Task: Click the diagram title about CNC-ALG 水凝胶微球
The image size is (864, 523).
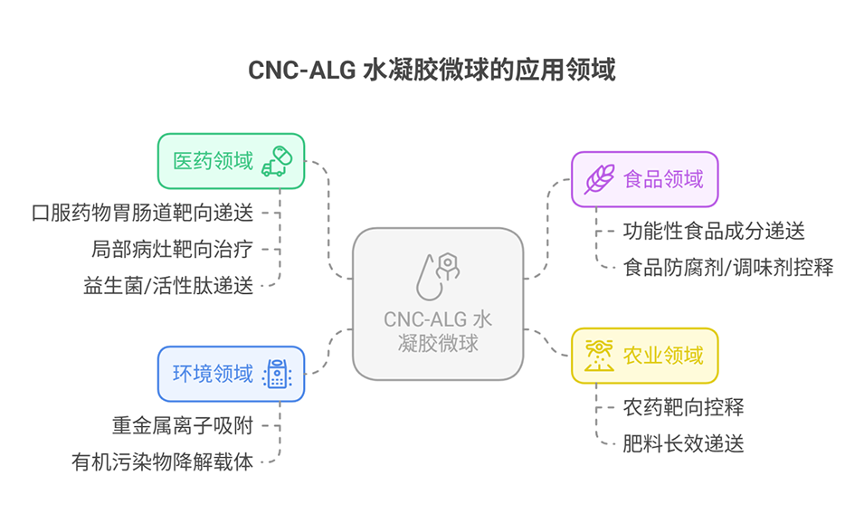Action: click(x=432, y=70)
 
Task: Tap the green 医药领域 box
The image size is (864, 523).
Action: click(x=232, y=161)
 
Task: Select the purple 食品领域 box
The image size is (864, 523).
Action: click(x=644, y=179)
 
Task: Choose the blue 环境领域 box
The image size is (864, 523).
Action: click(x=232, y=373)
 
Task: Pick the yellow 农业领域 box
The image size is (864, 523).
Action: click(x=644, y=355)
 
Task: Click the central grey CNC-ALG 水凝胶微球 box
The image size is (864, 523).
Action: click(x=438, y=303)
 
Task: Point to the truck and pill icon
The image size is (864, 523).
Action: click(x=277, y=161)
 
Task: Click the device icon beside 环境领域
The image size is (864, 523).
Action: click(x=277, y=373)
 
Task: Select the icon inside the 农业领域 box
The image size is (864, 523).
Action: click(x=598, y=355)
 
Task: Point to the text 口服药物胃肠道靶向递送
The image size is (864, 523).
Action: click(x=143, y=213)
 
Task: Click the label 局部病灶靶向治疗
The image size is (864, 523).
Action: click(x=172, y=249)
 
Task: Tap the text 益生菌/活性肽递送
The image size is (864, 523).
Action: click(x=168, y=286)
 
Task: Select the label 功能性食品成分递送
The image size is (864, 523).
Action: click(x=714, y=231)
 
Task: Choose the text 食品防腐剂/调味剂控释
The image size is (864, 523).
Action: click(x=727, y=267)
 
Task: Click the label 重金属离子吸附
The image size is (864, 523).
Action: click(x=183, y=425)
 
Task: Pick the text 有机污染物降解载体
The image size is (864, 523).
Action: click(x=163, y=461)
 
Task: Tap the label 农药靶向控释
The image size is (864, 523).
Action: click(x=683, y=406)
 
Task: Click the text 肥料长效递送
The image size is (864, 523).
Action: click(x=683, y=443)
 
